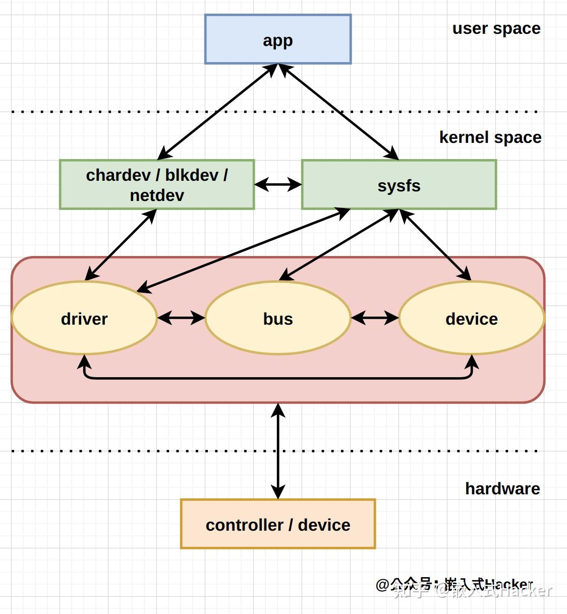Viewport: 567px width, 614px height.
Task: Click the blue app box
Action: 277,39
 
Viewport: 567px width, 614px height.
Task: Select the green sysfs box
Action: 399,185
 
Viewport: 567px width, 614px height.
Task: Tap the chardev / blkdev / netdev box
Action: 157,184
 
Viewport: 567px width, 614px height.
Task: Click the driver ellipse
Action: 84,318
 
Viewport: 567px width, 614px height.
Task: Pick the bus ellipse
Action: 278,318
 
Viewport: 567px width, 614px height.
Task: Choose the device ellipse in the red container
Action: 472,318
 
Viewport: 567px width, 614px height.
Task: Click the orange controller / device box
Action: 278,524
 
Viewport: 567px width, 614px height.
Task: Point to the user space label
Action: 496,29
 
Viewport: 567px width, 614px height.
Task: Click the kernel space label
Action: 490,137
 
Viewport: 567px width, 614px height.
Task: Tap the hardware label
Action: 502,488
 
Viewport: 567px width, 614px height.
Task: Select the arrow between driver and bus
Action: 181,318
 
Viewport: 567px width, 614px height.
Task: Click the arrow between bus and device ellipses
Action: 375,318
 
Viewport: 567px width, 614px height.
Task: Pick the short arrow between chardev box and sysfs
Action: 278,185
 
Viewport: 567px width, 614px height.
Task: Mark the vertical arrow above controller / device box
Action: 278,451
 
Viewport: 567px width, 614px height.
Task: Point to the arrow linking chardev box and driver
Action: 121,245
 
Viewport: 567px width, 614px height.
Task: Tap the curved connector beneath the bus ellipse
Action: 278,378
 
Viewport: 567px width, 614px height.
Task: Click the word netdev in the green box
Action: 157,195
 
